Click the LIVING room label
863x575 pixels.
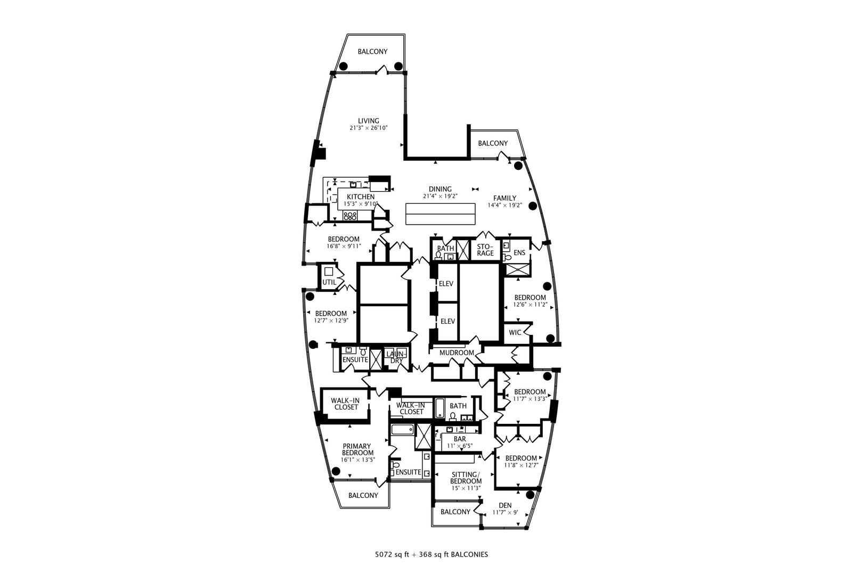368,121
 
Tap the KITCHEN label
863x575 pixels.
361,197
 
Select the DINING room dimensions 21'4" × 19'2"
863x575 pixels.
440,196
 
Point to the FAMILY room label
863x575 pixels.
504,199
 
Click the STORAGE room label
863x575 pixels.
485,250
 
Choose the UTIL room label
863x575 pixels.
329,282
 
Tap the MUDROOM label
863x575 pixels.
457,353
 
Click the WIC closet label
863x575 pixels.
515,332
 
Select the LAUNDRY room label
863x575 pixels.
396,357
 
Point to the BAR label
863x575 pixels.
460,439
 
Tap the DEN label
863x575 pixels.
505,506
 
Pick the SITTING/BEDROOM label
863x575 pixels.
466,478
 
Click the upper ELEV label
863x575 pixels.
446,284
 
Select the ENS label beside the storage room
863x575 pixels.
519,253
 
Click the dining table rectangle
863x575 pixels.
441,213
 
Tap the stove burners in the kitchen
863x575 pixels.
350,216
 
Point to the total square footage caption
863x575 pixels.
431,555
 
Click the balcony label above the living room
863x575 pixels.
372,52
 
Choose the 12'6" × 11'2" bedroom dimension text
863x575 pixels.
530,305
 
